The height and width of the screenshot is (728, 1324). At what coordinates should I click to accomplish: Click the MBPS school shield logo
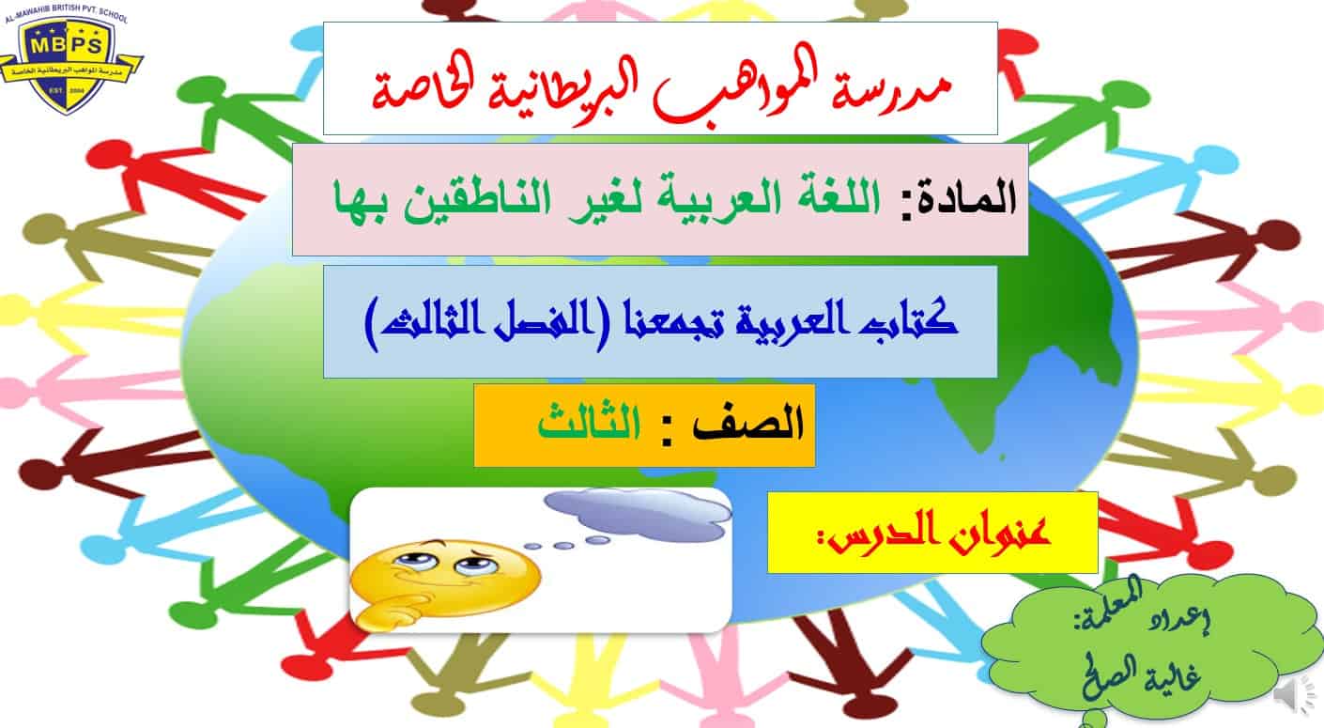69,62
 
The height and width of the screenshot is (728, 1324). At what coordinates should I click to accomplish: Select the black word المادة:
958,197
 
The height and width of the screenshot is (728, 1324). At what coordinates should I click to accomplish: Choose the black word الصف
748,424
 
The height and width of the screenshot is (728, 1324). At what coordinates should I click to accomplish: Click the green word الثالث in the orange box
589,423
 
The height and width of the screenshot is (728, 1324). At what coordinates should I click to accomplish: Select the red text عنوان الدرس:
934,533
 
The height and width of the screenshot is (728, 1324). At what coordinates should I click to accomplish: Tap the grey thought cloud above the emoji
638,513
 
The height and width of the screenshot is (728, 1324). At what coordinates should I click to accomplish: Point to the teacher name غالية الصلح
1141,676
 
